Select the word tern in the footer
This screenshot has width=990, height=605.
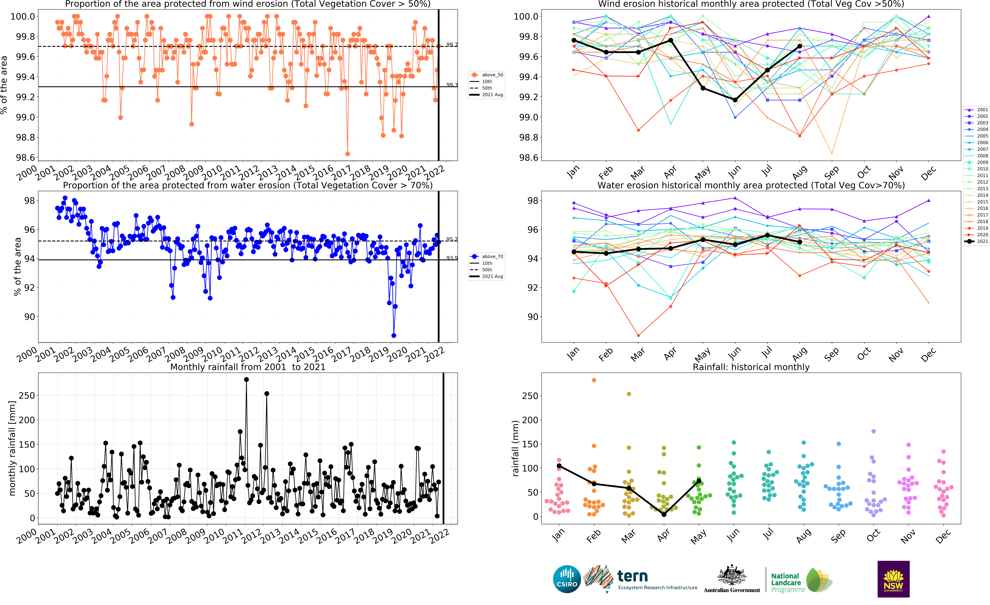click(x=632, y=576)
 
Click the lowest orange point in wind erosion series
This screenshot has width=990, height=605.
click(x=348, y=154)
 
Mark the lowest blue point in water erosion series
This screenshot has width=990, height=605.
click(x=394, y=335)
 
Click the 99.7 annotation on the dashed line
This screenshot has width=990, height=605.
click(x=452, y=45)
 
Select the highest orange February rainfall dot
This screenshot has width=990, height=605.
click(x=594, y=380)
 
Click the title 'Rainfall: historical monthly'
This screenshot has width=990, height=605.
click(x=751, y=367)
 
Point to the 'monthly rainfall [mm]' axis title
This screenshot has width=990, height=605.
click(x=12, y=448)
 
